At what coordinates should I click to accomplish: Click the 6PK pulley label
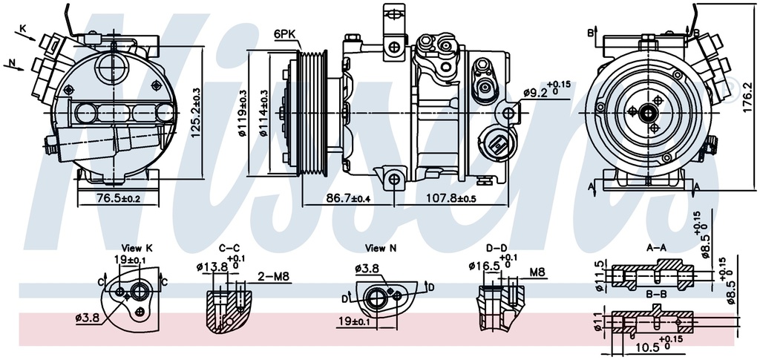pyautogui.click(x=284, y=34)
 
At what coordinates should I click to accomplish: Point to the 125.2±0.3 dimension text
pyautogui.click(x=195, y=112)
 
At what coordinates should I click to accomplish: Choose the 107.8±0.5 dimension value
pyautogui.click(x=451, y=197)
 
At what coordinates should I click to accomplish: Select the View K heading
pyautogui.click(x=137, y=249)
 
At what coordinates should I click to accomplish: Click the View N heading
pyautogui.click(x=381, y=249)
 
